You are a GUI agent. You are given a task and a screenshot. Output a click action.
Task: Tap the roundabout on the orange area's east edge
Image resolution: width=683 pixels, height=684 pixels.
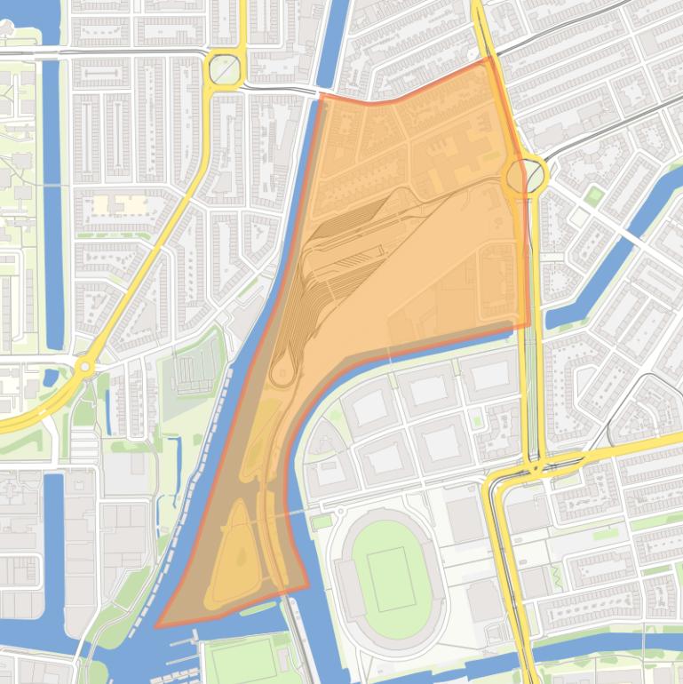(x=525, y=176)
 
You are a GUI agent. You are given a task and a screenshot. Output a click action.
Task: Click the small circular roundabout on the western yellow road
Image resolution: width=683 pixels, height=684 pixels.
(x=84, y=365)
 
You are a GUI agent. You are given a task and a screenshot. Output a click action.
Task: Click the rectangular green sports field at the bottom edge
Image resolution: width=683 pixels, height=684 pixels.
(x=242, y=661)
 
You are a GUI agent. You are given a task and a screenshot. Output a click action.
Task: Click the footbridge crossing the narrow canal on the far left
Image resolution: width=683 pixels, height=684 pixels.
(x=53, y=185)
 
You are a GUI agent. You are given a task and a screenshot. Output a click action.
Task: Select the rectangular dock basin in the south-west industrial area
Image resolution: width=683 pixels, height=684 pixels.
(x=52, y=533)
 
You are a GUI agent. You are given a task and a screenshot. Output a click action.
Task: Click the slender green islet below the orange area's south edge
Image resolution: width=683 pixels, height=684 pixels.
(x=258, y=609)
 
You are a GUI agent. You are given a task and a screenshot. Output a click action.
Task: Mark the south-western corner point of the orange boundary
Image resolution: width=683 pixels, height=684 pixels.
(x=156, y=626)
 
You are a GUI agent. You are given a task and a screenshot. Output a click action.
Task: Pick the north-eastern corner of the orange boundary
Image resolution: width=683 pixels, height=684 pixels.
(x=488, y=60)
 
